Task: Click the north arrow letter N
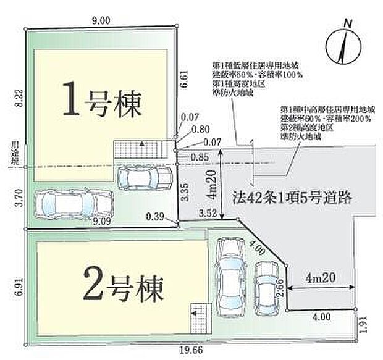click(x=348, y=23)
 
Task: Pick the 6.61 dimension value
click(x=183, y=81)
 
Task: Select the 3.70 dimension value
click(x=18, y=198)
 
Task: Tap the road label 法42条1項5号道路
click(x=292, y=198)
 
